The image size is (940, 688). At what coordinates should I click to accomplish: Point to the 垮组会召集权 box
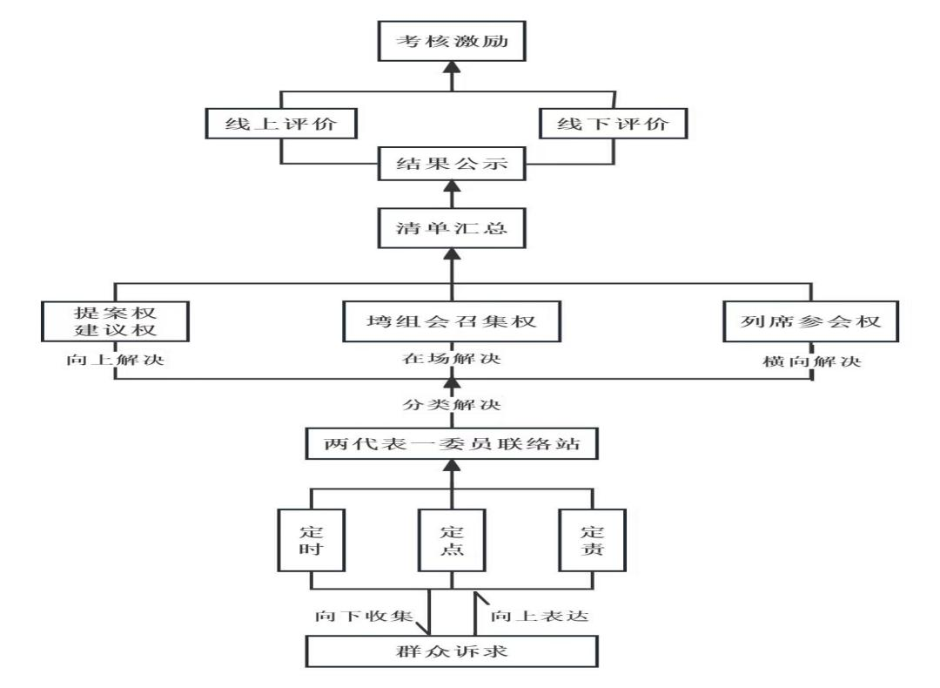(450, 320)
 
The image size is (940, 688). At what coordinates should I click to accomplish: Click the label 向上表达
(537, 614)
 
